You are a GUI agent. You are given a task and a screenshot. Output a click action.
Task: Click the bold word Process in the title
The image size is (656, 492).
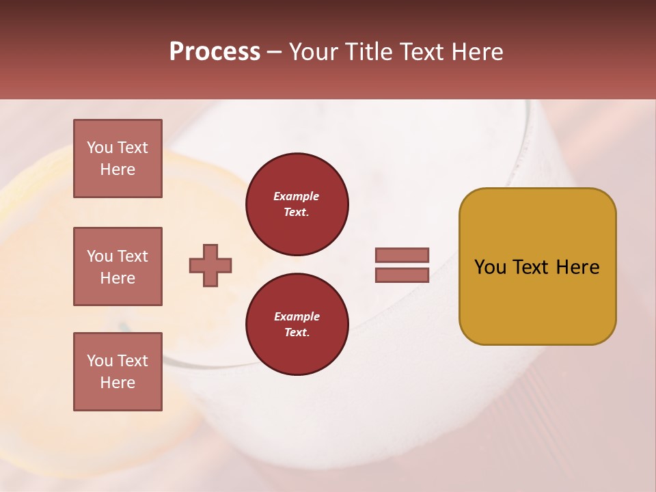215,52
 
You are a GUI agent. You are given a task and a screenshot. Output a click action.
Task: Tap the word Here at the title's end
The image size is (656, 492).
476,52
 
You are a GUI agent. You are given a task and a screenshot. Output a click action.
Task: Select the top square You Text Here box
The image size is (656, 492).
118,159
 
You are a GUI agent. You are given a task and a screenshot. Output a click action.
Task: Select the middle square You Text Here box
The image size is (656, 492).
118,266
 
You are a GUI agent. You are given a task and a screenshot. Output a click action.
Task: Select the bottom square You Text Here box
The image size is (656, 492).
118,372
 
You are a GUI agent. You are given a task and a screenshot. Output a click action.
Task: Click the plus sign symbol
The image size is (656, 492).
210,266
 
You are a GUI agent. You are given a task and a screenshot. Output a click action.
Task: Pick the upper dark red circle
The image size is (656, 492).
297,204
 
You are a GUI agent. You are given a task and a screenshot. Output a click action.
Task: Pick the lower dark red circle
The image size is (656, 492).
297,324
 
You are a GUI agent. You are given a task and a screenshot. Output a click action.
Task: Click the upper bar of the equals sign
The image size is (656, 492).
402,255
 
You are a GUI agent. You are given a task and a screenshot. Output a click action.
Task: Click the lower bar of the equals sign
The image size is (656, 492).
402,275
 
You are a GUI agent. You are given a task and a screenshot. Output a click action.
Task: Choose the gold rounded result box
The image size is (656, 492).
537,266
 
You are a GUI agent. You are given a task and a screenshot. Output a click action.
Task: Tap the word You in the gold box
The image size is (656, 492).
489,267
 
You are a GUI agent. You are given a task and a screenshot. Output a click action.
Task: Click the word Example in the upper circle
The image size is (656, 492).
297,196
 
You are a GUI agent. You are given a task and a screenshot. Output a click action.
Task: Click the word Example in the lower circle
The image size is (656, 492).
297,316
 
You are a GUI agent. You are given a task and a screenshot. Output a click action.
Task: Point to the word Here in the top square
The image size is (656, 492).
118,169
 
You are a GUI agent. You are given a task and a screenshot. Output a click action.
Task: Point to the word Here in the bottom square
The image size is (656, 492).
118,383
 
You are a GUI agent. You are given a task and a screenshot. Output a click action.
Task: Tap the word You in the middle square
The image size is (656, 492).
99,256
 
